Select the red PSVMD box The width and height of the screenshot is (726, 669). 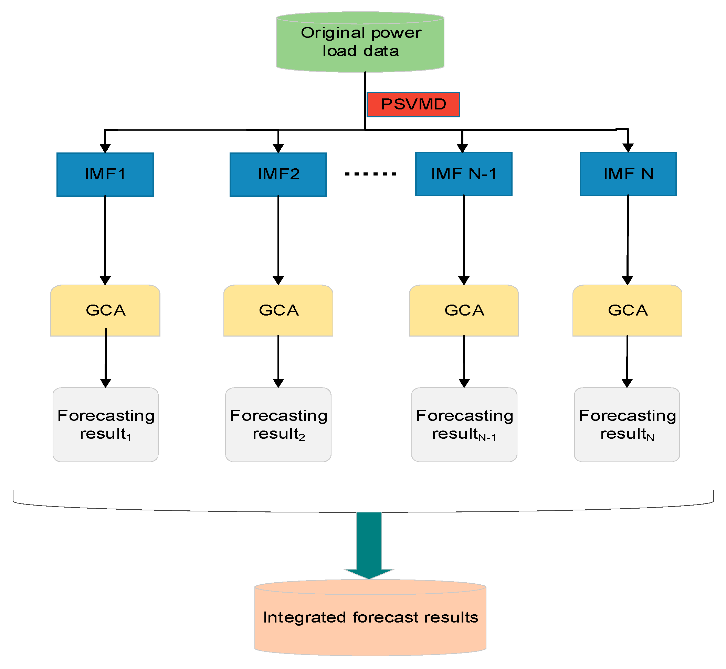click(413, 105)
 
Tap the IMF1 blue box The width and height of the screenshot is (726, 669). click(105, 174)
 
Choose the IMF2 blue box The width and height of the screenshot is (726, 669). click(278, 174)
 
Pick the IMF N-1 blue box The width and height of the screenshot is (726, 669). click(463, 174)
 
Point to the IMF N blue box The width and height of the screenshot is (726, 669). click(628, 174)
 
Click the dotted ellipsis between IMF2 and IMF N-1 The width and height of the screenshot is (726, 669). click(370, 174)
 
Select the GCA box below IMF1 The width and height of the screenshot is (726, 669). click(105, 310)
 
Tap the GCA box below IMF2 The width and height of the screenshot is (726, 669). click(278, 310)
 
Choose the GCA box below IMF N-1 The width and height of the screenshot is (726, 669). click(463, 310)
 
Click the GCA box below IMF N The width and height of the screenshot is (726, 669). click(627, 310)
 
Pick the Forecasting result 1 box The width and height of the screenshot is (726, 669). click(105, 425)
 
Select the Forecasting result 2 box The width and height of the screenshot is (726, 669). click(278, 425)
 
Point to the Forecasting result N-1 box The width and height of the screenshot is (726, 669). click(464, 425)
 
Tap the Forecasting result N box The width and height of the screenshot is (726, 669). click(627, 425)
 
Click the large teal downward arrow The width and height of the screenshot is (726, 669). click(369, 543)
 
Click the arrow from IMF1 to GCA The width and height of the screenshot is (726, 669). click(105, 239)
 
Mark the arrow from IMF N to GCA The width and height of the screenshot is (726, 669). click(628, 239)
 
